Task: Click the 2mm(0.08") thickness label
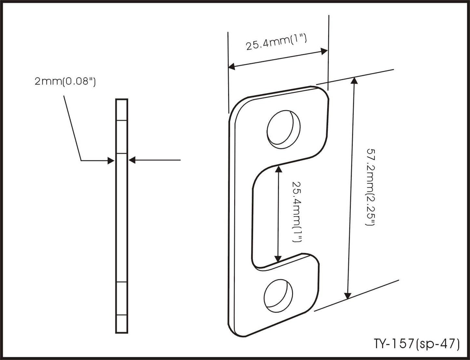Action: [x=65, y=82]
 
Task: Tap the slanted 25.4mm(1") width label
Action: [x=276, y=43]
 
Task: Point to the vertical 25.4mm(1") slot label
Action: [x=297, y=212]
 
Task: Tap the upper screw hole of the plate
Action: [x=284, y=129]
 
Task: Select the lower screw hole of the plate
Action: [x=278, y=296]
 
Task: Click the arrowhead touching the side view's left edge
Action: [x=111, y=161]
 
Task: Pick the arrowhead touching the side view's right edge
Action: [x=132, y=160]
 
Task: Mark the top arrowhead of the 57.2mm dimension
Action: [x=354, y=80]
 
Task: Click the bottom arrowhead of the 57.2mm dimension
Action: [x=348, y=296]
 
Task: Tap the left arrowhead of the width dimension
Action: [x=232, y=66]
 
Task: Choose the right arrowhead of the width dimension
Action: [x=324, y=51]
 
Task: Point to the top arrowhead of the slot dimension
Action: [x=279, y=169]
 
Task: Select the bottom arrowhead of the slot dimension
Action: [x=278, y=259]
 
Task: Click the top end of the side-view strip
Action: [x=122, y=99]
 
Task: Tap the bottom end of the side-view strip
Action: [x=122, y=333]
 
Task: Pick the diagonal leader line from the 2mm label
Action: [x=72, y=128]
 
